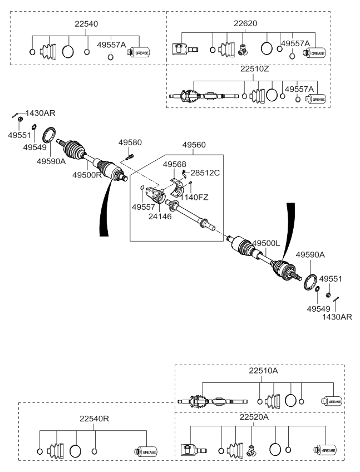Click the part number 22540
point(87,24)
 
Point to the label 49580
point(129,143)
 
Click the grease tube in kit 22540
point(139,52)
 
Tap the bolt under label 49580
point(130,156)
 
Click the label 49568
point(174,164)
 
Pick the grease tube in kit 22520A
point(327,450)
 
